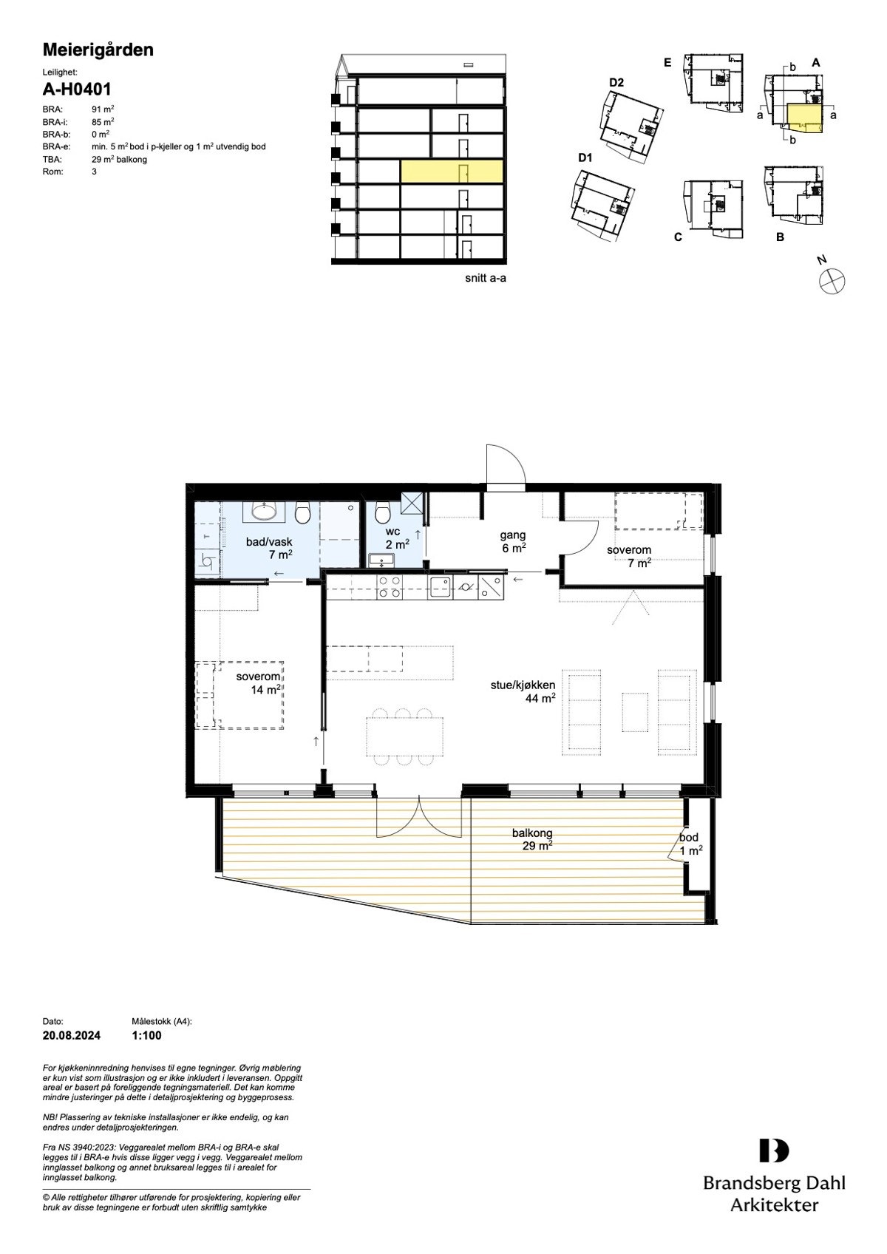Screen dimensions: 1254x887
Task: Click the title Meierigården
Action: click(x=98, y=50)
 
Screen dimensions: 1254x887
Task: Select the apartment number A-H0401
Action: click(x=77, y=89)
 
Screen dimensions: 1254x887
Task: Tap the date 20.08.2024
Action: click(x=72, y=1036)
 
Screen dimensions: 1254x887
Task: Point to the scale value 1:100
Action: click(x=146, y=1036)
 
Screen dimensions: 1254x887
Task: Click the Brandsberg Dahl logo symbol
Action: click(x=773, y=1150)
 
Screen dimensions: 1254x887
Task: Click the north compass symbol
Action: click(x=832, y=281)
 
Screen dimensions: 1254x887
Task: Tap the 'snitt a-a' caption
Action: click(x=486, y=279)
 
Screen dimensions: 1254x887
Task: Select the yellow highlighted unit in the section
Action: click(x=452, y=172)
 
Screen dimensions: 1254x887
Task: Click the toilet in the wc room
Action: click(x=382, y=512)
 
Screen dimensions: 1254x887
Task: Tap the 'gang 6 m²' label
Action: click(x=513, y=541)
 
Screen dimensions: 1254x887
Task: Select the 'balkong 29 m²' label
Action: click(x=533, y=839)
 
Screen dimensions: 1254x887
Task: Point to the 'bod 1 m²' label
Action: click(x=690, y=844)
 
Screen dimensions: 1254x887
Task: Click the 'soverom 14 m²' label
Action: click(x=259, y=683)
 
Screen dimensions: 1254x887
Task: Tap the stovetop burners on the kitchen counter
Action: click(x=390, y=587)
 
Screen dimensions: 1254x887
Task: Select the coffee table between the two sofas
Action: click(x=635, y=711)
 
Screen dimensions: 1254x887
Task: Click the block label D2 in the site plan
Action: click(x=616, y=83)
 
